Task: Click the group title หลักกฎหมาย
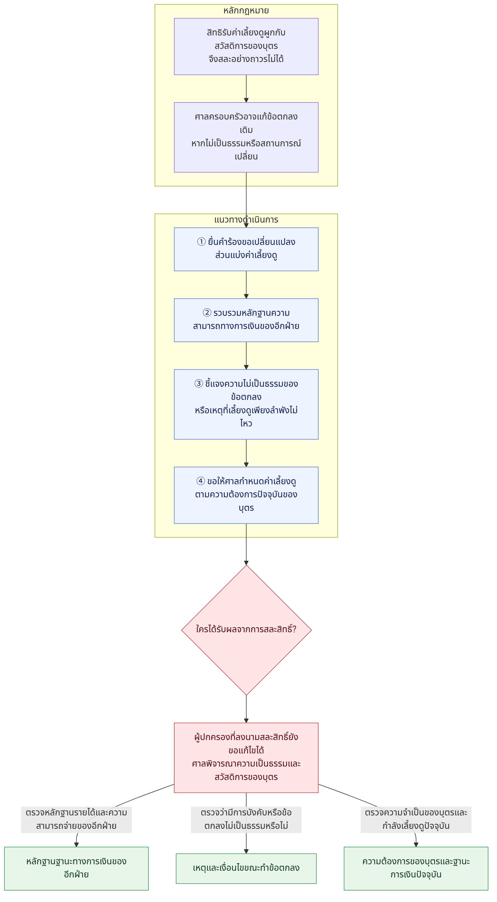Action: (246, 11)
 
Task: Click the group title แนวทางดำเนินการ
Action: (246, 220)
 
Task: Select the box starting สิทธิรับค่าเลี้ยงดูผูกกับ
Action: (246, 47)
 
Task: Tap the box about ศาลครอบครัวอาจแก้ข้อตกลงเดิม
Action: (246, 137)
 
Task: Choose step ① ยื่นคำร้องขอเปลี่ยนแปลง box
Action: (246, 249)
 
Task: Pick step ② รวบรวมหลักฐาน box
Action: (246, 320)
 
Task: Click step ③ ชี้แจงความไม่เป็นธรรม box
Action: (246, 404)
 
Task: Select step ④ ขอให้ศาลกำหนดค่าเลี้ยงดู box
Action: (246, 495)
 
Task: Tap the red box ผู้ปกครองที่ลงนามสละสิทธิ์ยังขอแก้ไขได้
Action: (246, 758)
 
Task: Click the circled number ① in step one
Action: (201, 242)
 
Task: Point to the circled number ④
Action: (200, 481)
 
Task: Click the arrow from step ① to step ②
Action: (246, 285)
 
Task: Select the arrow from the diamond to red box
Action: (246, 709)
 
